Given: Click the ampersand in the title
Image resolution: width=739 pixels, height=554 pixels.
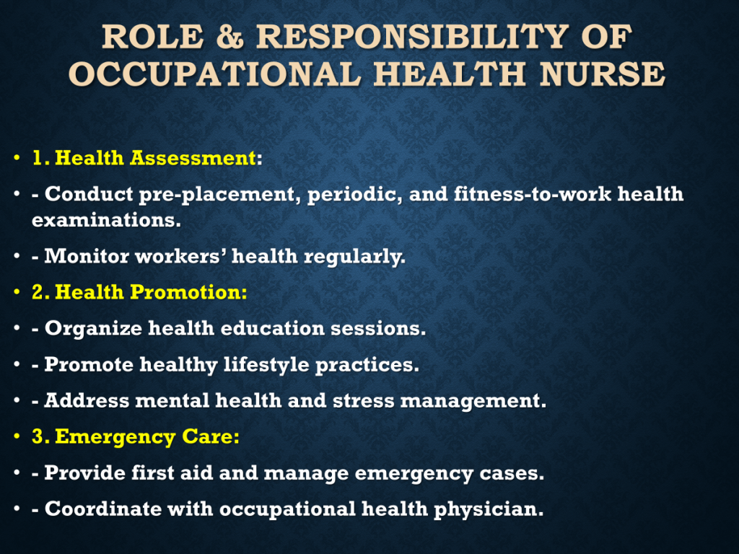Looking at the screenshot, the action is (x=230, y=37).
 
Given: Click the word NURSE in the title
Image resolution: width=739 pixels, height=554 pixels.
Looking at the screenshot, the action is (x=602, y=74).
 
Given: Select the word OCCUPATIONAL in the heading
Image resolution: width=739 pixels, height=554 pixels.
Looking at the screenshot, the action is (x=214, y=74).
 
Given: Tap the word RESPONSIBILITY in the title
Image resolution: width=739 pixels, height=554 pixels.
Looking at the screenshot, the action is (x=412, y=37).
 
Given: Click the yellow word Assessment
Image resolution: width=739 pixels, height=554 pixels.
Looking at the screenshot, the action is (x=193, y=158).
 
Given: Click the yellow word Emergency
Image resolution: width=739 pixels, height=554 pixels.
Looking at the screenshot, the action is (x=115, y=437).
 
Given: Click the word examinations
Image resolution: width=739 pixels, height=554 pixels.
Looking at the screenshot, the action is (x=106, y=220).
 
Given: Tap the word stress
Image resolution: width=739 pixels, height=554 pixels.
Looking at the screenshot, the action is (x=364, y=401).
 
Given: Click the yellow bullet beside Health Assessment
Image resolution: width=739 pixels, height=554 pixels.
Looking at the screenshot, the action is (x=17, y=157).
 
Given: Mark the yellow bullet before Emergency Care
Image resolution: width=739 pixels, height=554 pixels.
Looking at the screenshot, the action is (x=17, y=436).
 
